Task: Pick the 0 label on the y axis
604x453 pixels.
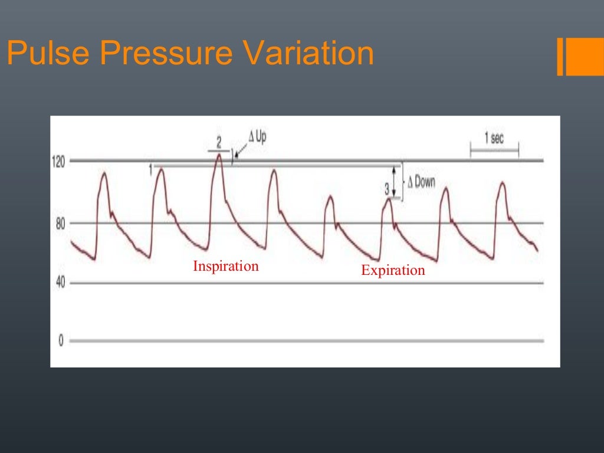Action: point(61,342)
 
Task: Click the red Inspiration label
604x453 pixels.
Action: point(226,266)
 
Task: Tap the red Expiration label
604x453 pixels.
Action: point(393,271)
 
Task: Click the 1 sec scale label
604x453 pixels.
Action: point(494,139)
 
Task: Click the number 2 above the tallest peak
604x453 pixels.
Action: point(219,142)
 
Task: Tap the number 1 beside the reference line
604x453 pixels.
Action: point(150,169)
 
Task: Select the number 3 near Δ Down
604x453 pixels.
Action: point(387,189)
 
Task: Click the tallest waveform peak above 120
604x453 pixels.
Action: point(219,155)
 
